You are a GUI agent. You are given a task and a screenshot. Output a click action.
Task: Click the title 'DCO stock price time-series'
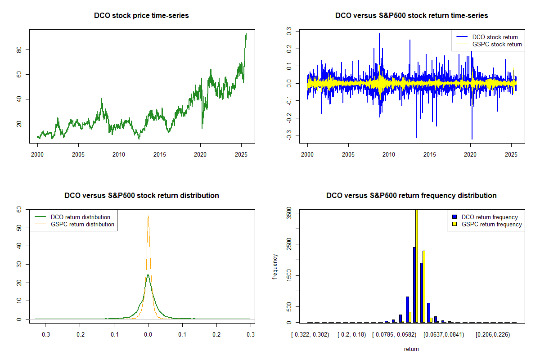[x=141, y=16]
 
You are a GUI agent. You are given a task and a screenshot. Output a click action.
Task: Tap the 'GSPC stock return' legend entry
[x=497, y=44]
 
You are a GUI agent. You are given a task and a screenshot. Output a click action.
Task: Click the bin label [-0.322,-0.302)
[x=310, y=335]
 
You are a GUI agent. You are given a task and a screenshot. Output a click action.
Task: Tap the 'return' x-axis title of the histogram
[x=411, y=349]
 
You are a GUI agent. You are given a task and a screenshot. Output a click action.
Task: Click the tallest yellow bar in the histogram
[x=417, y=265]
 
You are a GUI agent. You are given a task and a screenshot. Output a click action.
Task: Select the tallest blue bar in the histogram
[x=414, y=284]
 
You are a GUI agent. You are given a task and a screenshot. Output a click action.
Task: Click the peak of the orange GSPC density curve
[x=148, y=217]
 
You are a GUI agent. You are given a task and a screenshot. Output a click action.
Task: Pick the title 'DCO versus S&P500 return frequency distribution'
[x=411, y=196]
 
